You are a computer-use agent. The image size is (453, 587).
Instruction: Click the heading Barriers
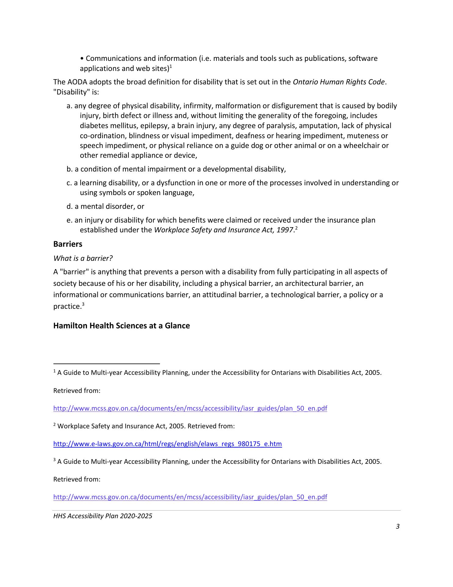point(68,244)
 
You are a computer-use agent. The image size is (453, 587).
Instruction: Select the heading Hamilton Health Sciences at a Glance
point(121,326)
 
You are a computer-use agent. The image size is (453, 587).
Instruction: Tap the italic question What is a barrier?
point(83,258)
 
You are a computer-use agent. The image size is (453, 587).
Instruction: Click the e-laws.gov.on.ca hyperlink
point(168,444)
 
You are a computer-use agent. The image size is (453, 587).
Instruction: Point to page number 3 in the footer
point(397,526)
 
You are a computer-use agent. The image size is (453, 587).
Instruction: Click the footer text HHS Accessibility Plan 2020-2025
point(103,516)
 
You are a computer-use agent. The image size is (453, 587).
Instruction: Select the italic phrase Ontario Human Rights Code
point(339,82)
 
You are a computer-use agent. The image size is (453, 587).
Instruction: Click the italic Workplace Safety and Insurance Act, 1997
point(224,230)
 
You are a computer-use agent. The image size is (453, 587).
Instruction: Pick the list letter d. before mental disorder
point(70,206)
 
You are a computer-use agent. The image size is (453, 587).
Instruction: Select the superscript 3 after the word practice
point(83,305)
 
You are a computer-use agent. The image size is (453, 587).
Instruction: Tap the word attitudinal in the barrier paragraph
point(219,295)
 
